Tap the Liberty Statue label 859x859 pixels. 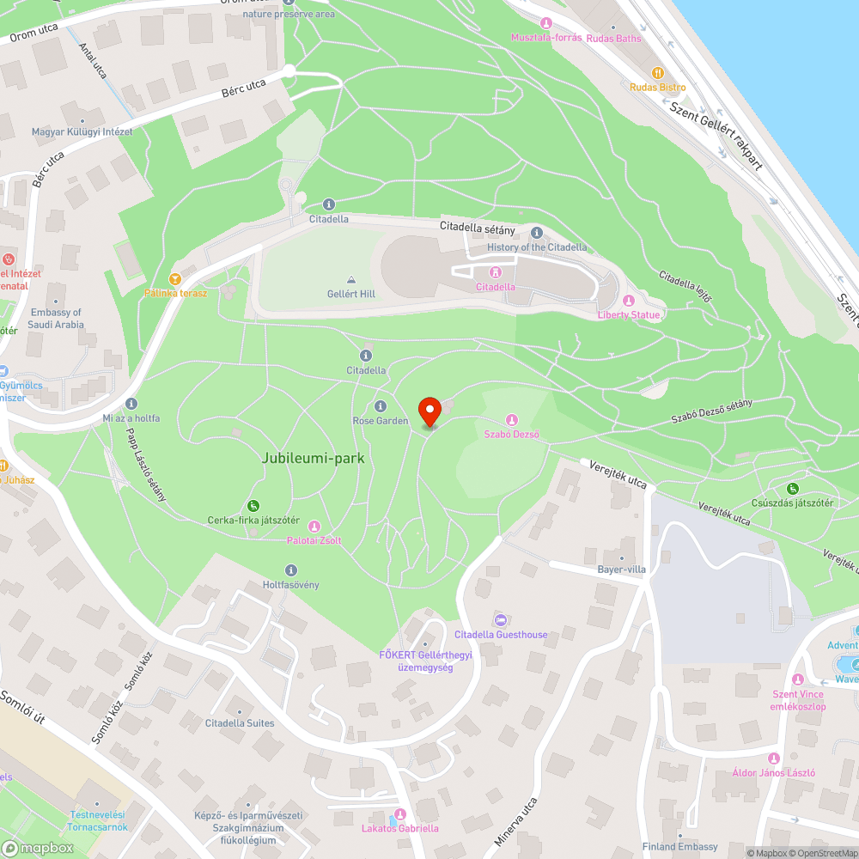(630, 315)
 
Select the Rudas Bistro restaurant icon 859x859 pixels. (658, 73)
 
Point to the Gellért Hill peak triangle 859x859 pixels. (351, 280)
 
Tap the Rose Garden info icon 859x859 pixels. (381, 406)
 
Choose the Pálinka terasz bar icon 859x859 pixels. (175, 278)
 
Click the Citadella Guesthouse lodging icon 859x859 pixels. (500, 620)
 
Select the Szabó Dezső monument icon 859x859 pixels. (511, 420)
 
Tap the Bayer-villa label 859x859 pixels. (621, 570)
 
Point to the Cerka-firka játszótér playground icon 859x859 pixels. (253, 505)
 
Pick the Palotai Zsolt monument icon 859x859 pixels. (314, 526)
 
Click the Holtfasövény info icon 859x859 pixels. (290, 570)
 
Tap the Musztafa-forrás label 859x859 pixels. (546, 38)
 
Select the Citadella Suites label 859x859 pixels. (240, 723)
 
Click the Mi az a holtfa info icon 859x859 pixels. (131, 404)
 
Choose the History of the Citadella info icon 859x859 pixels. (537, 233)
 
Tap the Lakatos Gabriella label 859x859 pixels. (399, 828)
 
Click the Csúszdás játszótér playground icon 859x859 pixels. (792, 489)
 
